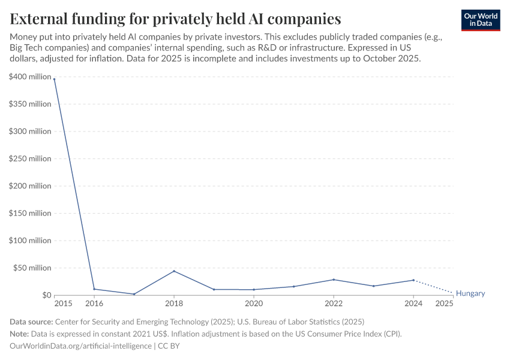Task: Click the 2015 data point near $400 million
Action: click(55, 79)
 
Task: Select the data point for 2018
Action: click(174, 271)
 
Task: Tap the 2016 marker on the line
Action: click(94, 289)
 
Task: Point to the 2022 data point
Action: click(334, 280)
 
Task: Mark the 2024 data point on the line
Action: click(413, 280)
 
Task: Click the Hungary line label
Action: click(470, 293)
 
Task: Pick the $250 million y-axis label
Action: click(30, 158)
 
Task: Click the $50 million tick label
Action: click(32, 268)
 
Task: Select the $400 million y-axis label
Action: click(30, 77)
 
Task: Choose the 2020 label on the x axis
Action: click(254, 304)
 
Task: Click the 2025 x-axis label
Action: click(444, 304)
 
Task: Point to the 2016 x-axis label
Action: click(94, 304)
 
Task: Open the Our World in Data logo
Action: click(480, 20)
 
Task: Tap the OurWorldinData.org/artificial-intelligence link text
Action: click(80, 346)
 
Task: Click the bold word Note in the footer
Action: click(20, 334)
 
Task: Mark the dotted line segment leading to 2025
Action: click(433, 287)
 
